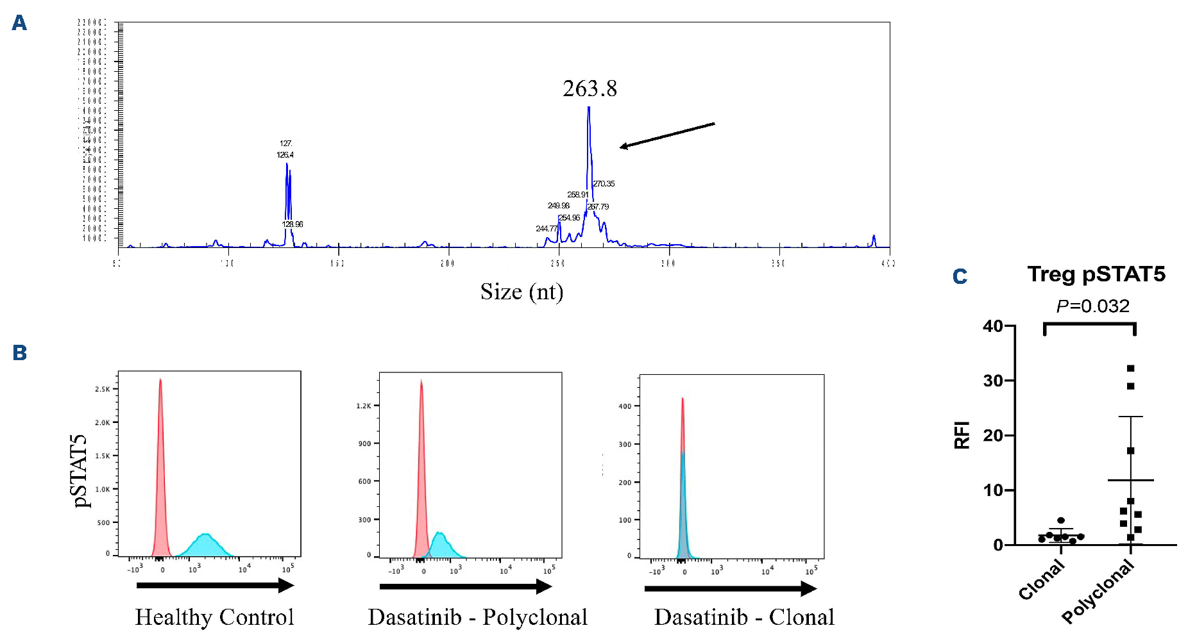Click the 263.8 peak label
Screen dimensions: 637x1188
pos(590,88)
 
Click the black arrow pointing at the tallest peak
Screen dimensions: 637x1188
pos(667,135)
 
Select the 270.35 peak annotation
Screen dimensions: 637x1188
pos(604,184)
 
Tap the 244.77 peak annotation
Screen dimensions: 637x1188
pos(547,229)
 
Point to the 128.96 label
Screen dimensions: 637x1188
pos(293,224)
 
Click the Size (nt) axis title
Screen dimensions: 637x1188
pos(522,292)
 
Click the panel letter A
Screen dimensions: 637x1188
pos(19,24)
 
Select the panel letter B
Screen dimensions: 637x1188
pos(19,353)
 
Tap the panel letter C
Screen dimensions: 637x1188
pos(960,277)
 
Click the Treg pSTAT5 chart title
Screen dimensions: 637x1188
pos(1096,274)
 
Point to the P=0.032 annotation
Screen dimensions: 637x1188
pos(1092,306)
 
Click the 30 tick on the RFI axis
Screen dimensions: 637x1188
pos(994,381)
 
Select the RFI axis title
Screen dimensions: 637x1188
pos(962,435)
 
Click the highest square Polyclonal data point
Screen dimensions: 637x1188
pos(1130,368)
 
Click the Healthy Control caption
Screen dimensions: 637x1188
pos(214,617)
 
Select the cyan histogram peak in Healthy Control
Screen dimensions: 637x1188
pos(205,534)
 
